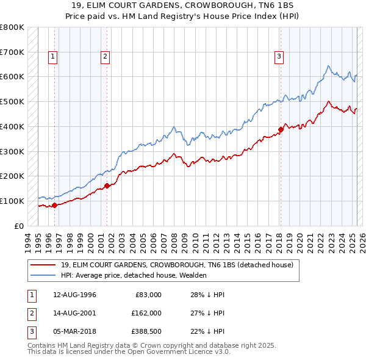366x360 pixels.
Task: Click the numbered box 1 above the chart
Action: [x=53, y=57]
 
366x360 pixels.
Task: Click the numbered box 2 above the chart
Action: [x=105, y=57]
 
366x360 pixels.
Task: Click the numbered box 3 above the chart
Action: [x=279, y=57]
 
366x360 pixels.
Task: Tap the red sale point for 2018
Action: [x=281, y=129]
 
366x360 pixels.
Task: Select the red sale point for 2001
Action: [x=107, y=185]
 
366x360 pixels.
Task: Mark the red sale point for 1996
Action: [x=54, y=205]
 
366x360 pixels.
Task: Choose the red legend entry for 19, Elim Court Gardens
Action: [x=177, y=265]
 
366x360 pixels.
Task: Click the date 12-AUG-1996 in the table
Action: [x=74, y=295]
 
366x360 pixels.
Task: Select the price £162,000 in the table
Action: [x=146, y=313]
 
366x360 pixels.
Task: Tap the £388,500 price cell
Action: [x=146, y=331]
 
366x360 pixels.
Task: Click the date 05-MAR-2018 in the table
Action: [x=74, y=331]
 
